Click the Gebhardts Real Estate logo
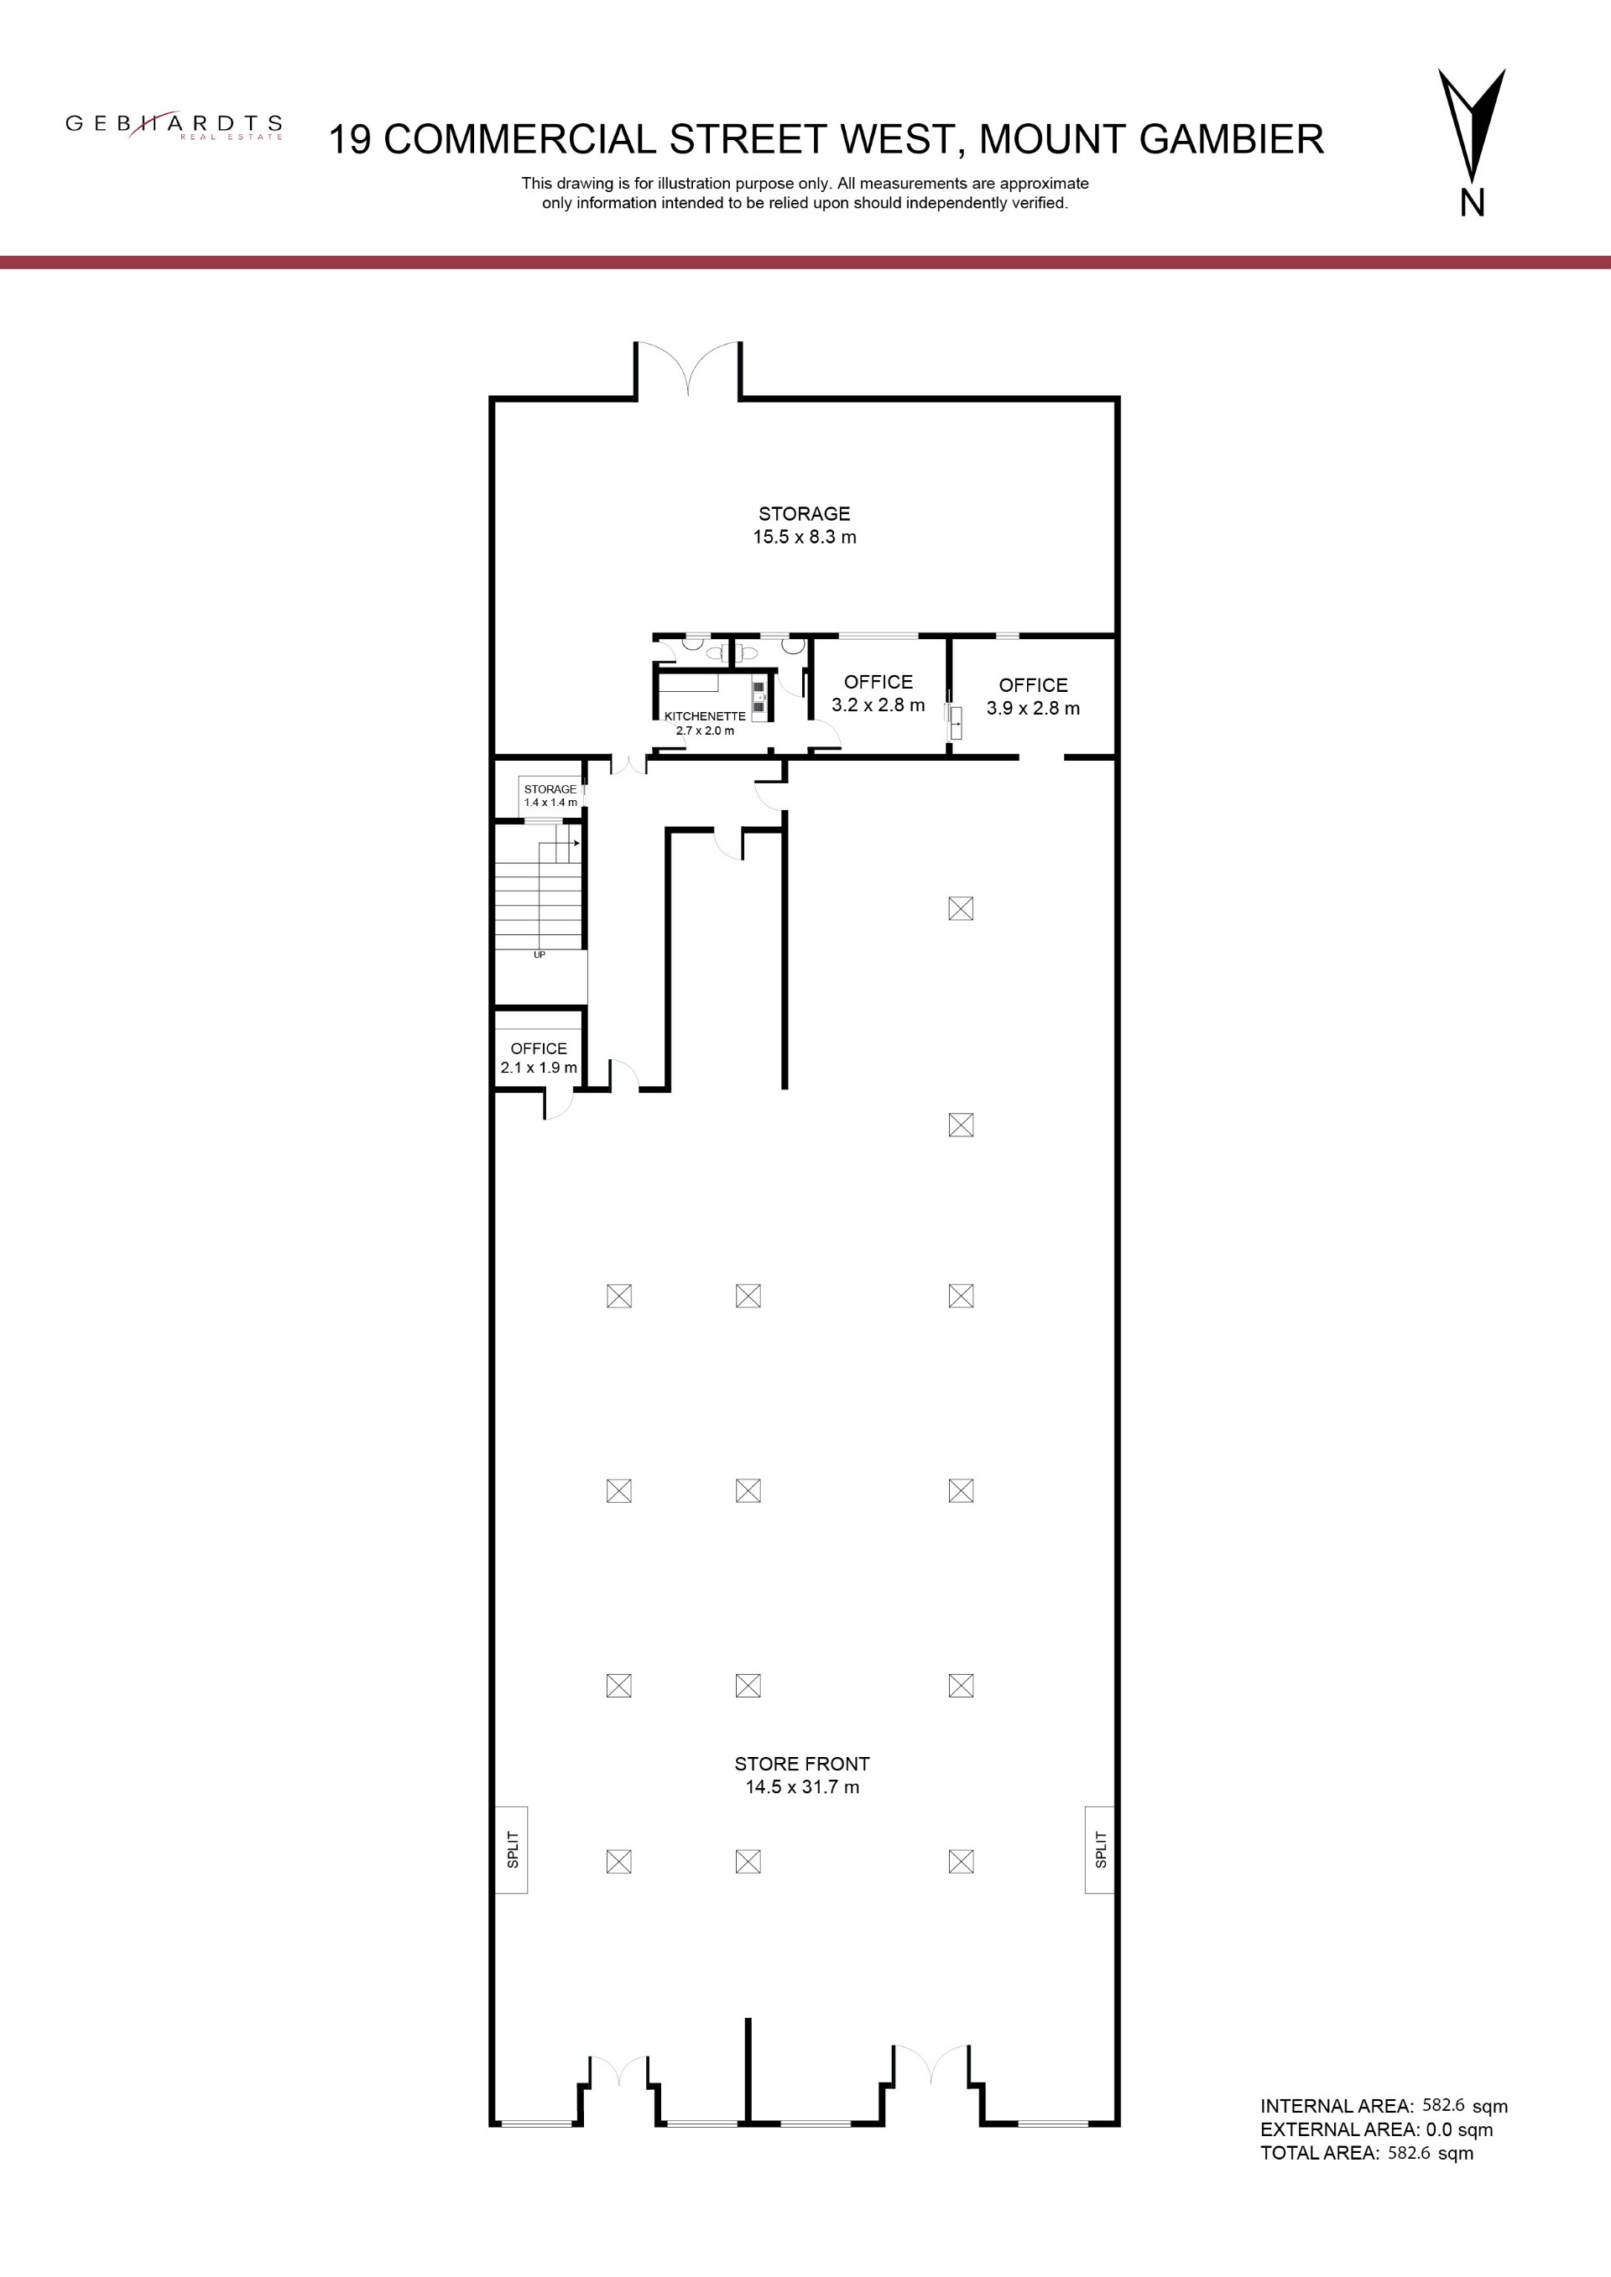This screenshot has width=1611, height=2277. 175,125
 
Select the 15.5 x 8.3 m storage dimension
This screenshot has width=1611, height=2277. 805,538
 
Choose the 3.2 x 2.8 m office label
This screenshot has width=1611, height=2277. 878,694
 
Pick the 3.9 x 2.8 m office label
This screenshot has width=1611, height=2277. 1033,696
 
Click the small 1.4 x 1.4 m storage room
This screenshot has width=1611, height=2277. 550,795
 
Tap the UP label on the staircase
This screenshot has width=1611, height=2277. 540,954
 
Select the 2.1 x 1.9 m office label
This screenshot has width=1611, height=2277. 539,1058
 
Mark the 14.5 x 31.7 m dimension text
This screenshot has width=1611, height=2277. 802,1787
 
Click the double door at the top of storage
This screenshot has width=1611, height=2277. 688,369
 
